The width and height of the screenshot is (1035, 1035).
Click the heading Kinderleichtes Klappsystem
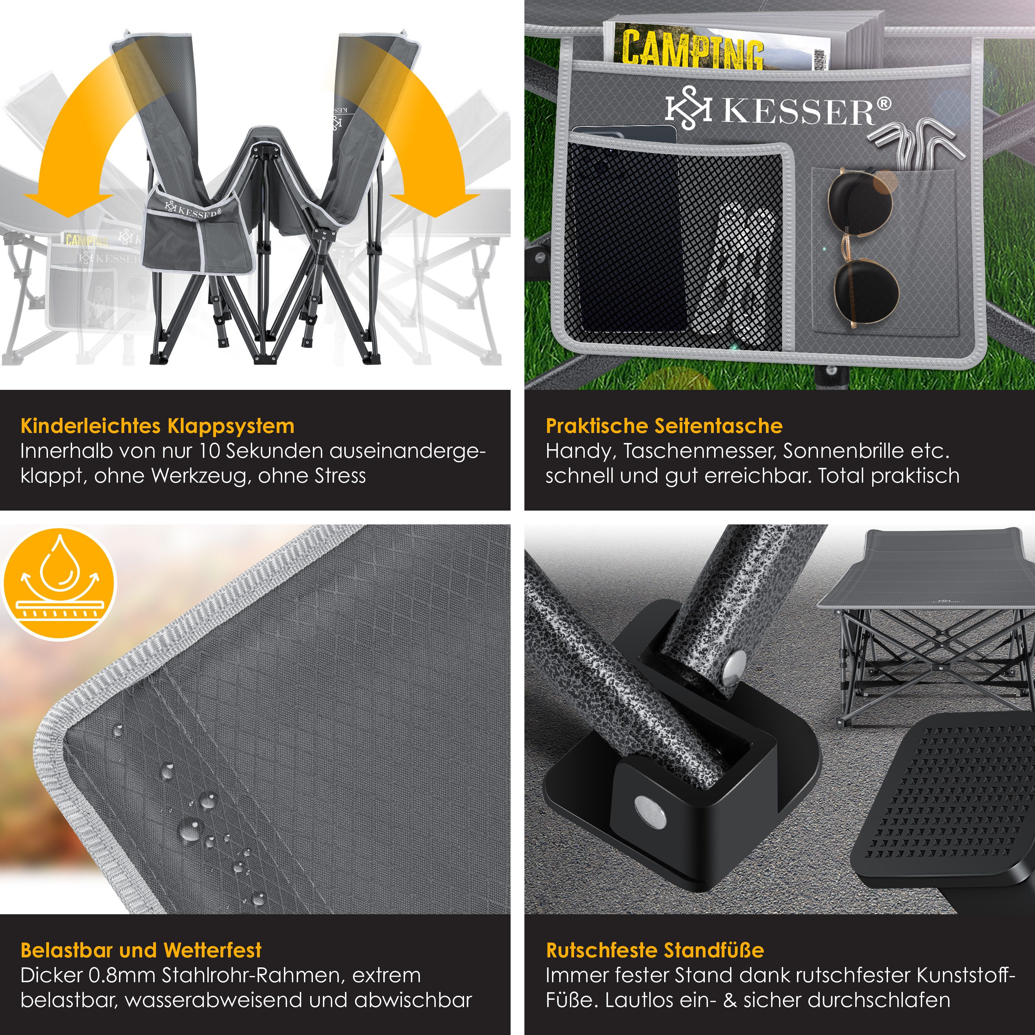coord(158,426)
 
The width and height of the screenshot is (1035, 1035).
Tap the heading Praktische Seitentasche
coord(664,426)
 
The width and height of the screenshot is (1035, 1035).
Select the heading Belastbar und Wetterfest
coord(141,950)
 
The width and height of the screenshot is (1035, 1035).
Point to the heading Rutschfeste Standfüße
coord(655,950)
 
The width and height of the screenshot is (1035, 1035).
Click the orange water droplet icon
coord(59,584)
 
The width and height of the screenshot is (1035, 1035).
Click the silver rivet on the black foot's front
coord(650,810)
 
